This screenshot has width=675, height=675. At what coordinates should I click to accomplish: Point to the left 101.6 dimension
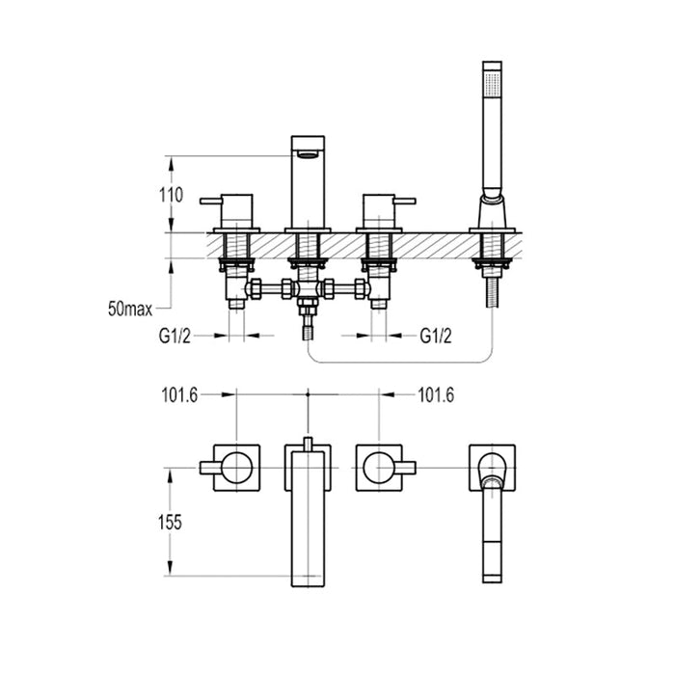(179, 394)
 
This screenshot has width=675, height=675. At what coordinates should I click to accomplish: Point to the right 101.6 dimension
(436, 394)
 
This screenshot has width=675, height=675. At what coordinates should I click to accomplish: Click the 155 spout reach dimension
(170, 521)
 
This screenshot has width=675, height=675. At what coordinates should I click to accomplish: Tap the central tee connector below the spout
(308, 289)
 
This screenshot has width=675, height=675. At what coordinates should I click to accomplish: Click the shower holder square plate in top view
(492, 468)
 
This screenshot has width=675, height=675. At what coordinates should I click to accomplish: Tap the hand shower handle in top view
(492, 540)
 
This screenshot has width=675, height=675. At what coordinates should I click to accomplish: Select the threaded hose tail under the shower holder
(492, 288)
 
